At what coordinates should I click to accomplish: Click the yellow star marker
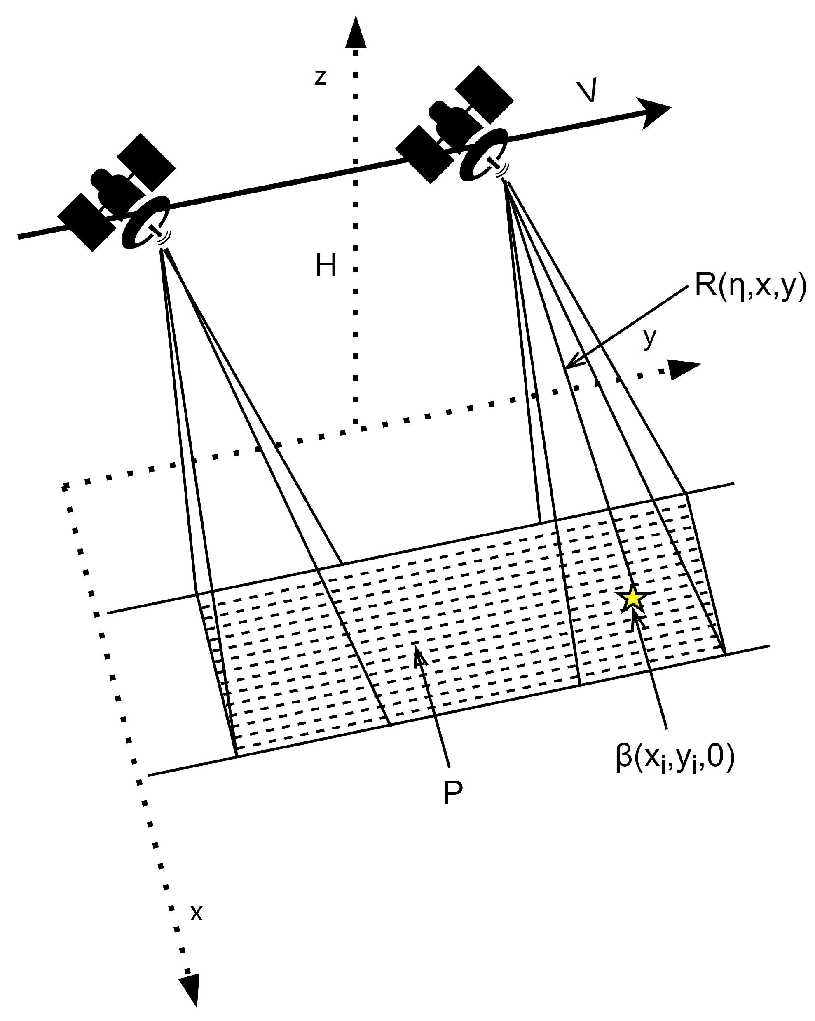tap(633, 599)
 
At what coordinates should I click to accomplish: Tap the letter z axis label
tap(321, 77)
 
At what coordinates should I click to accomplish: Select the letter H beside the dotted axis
tap(326, 266)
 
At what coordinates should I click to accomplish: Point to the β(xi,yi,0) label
tap(675, 758)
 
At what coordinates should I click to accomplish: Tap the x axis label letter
tap(196, 912)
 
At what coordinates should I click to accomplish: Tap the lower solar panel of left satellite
tap(87, 221)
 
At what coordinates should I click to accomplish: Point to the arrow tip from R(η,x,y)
tap(567, 367)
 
